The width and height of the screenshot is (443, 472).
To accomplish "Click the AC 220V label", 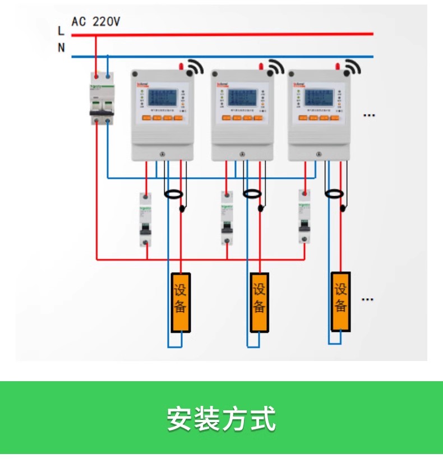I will [x=95, y=22].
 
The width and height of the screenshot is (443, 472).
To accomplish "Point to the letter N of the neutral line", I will [x=61, y=48].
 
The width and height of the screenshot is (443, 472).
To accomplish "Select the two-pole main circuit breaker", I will [x=101, y=99].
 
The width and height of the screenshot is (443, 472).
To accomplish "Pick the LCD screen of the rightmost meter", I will [x=319, y=98].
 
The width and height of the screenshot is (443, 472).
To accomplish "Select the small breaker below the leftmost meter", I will [x=145, y=219].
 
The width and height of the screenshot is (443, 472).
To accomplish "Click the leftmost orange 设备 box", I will [x=181, y=302].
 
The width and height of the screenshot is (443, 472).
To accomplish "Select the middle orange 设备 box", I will [x=259, y=302].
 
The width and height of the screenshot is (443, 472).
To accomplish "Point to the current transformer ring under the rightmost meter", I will [x=334, y=194].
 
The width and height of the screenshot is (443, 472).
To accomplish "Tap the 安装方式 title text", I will [x=221, y=418].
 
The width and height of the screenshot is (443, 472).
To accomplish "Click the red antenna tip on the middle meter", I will [x=260, y=67].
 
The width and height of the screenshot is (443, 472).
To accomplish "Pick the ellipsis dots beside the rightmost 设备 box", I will [x=367, y=299].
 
